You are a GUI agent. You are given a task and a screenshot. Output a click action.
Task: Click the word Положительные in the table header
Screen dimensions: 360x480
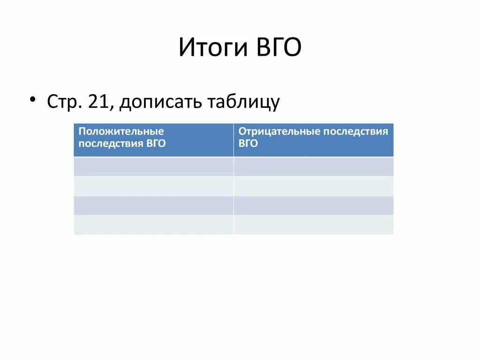coord(121,132)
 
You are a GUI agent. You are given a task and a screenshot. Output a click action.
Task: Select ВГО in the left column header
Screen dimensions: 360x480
coord(155,144)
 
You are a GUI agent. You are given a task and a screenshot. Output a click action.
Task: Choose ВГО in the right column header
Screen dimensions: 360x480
coord(248,144)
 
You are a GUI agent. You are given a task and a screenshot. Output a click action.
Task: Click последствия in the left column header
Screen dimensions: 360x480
coord(110,144)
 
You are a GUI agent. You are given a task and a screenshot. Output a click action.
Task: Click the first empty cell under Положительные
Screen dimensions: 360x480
coord(153,166)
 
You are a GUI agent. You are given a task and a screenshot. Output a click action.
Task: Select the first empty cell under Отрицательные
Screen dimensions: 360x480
coord(314,166)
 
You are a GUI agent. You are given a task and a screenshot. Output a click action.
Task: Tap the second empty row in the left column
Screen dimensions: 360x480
coord(153,186)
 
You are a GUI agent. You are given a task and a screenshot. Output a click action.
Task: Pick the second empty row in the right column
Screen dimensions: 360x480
coord(314,186)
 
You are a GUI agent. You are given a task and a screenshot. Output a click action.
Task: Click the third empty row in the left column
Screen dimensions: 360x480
coord(153,205)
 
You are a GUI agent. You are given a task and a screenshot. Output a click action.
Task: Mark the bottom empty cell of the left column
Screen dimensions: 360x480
coord(153,225)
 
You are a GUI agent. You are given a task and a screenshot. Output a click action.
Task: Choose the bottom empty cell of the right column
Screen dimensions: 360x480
coord(314,225)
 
